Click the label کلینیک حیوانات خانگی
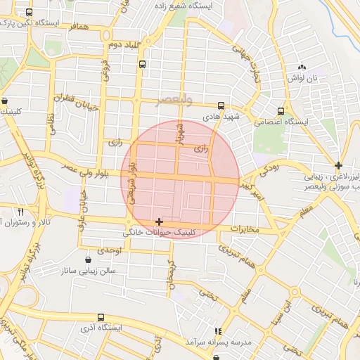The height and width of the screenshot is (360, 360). click(x=161, y=232)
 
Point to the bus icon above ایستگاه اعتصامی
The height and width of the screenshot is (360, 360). click(x=281, y=111)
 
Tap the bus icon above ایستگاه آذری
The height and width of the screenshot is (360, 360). click(x=101, y=318)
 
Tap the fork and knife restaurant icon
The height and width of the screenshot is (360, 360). click(x=20, y=212)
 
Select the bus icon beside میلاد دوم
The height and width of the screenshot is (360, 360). click(x=143, y=64)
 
